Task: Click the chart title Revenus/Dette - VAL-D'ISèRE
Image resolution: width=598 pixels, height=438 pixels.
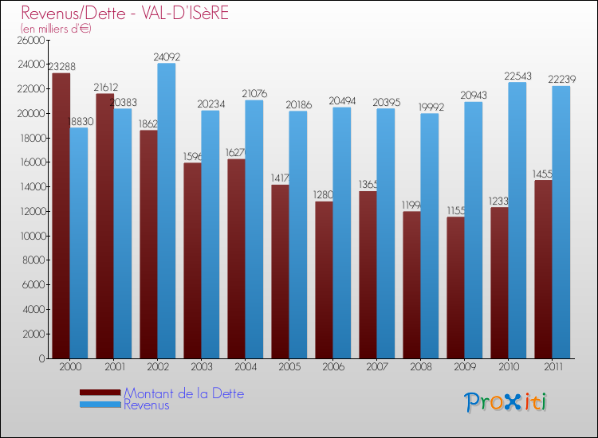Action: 125,14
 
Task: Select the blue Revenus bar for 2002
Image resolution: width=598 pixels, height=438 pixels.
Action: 167,211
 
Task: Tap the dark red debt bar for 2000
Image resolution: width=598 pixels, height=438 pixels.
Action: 61,215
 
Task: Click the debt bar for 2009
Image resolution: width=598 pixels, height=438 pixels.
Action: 454,287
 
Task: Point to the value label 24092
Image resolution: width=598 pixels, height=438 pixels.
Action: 167,57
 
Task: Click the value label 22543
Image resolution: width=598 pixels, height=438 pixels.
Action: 517,76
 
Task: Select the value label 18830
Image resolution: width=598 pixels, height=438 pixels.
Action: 79,122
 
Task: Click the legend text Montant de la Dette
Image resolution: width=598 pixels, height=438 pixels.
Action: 183,393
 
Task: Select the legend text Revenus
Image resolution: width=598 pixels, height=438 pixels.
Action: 147,405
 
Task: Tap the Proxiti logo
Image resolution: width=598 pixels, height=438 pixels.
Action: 506,402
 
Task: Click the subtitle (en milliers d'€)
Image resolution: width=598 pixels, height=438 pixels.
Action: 56,29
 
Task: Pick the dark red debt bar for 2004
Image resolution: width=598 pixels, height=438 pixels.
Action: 236,259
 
